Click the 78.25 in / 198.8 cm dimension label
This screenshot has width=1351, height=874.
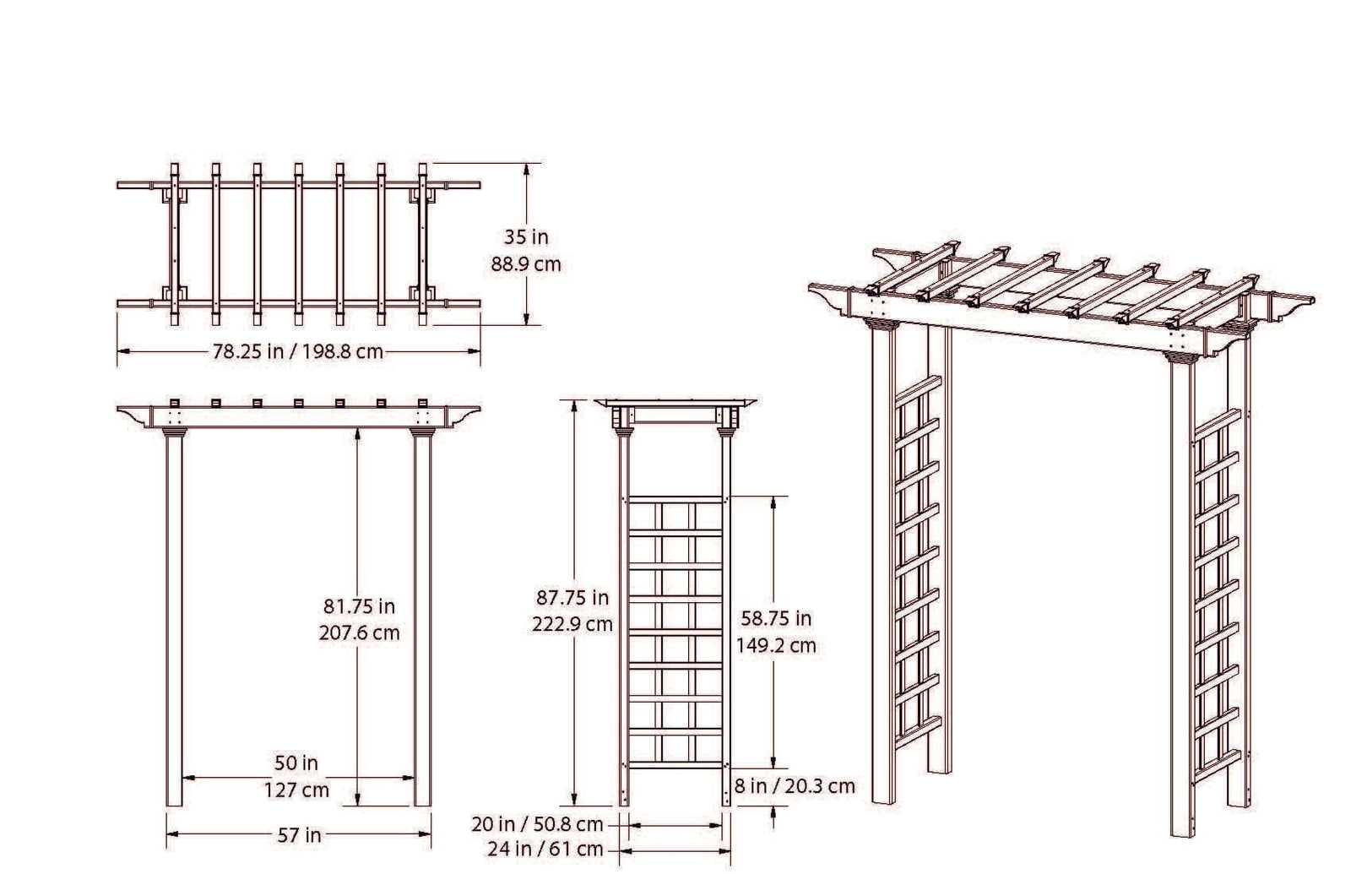[298, 351]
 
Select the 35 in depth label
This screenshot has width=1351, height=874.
[526, 237]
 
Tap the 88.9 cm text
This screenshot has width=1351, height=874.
[526, 264]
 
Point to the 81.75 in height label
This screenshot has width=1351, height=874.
[359, 606]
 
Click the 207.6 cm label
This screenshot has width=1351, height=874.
[359, 632]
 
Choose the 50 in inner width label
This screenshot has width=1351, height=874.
[297, 763]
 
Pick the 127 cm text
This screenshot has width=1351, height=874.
[297, 790]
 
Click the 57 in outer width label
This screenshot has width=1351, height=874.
[300, 835]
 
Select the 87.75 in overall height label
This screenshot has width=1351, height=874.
[572, 598]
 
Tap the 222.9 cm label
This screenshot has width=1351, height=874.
[572, 625]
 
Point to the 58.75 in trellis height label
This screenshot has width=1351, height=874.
[777, 618]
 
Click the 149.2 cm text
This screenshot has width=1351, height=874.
[777, 645]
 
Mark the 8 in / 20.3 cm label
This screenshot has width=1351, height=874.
[795, 787]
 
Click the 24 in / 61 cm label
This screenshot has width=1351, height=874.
[546, 849]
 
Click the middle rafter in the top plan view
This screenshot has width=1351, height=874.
[299, 244]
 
